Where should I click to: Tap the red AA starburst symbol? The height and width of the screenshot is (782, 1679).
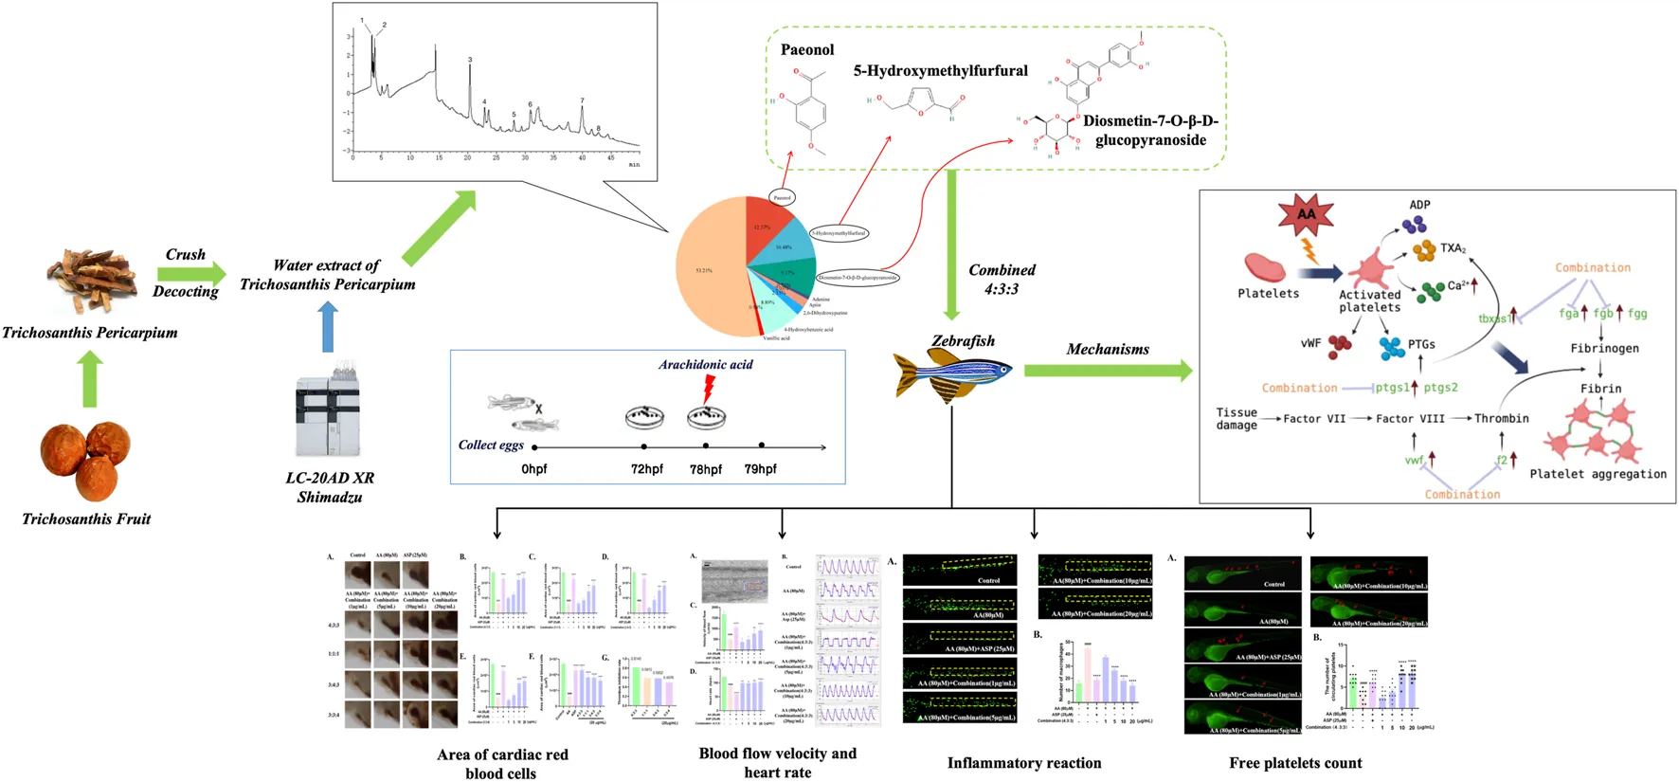pyautogui.click(x=1306, y=215)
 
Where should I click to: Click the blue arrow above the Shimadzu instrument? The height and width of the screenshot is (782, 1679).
pyautogui.click(x=327, y=326)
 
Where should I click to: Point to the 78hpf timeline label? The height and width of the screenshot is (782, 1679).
pyautogui.click(x=705, y=469)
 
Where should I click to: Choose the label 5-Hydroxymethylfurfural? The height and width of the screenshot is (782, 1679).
pyautogui.click(x=940, y=71)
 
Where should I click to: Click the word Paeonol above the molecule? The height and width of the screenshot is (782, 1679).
pyautogui.click(x=807, y=50)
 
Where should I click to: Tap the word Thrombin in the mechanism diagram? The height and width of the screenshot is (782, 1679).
pyautogui.click(x=1501, y=418)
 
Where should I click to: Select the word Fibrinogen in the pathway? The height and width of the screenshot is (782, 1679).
pyautogui.click(x=1604, y=348)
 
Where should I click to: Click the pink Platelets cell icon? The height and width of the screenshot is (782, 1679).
pyautogui.click(x=1265, y=267)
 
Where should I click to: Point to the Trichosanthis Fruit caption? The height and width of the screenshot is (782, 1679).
pyautogui.click(x=86, y=519)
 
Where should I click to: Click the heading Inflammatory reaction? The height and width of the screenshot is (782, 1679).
pyautogui.click(x=1023, y=763)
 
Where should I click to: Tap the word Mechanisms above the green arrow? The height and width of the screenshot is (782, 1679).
pyautogui.click(x=1107, y=350)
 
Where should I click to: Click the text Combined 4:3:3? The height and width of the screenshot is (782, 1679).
pyautogui.click(x=1002, y=280)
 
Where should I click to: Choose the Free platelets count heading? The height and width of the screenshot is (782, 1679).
pyautogui.click(x=1294, y=763)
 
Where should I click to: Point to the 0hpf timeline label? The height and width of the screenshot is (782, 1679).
pyautogui.click(x=533, y=469)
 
